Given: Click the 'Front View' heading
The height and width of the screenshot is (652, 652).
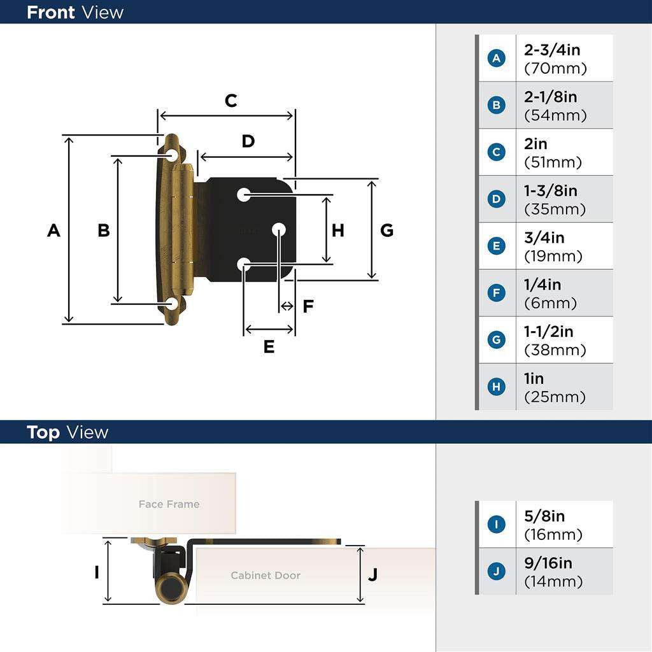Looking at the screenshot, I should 75,12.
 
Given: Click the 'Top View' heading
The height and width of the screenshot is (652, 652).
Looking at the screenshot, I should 67,432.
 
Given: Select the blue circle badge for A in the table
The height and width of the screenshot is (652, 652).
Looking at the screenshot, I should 497,59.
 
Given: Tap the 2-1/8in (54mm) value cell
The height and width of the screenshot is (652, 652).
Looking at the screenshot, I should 555,106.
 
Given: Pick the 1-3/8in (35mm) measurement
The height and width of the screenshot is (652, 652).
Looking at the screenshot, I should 555,199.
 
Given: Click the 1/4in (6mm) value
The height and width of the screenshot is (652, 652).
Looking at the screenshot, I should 550,294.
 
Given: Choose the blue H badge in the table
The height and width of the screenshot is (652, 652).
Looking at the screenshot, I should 497,387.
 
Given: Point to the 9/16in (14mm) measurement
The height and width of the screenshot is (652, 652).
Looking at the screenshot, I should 553,572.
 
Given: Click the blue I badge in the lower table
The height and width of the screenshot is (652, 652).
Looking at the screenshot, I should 497,525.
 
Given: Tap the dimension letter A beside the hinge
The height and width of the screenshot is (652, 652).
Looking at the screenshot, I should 53,230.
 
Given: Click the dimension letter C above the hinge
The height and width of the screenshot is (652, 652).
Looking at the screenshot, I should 230,101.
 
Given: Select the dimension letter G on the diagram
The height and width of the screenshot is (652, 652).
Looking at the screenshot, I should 386,230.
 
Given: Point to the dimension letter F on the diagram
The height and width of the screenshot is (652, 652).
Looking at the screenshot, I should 308,307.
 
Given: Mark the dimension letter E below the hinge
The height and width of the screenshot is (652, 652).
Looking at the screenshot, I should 269,347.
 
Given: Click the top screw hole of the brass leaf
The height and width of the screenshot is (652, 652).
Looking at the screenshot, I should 172,155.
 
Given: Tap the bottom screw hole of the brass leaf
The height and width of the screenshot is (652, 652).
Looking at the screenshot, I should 172,304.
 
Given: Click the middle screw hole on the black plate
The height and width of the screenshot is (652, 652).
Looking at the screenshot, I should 279,229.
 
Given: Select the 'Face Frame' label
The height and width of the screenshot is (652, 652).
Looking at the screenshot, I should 169,504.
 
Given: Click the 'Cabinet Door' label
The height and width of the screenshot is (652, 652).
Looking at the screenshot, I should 265,576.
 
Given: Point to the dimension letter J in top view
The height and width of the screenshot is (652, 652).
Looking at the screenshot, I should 373,574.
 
